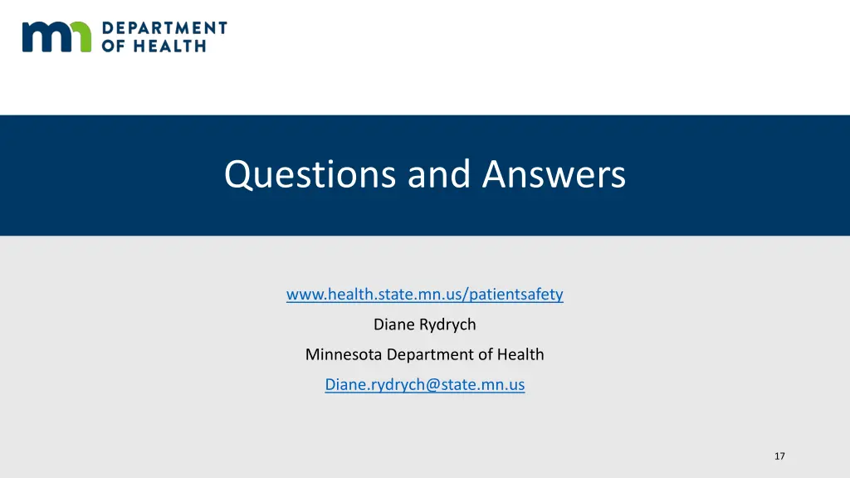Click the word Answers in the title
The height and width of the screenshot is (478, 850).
coord(554,175)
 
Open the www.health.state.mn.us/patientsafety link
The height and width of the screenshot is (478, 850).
coord(425,294)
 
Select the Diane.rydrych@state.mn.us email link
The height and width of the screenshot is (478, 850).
coord(425,384)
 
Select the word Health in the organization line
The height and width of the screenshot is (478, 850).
coord(520,354)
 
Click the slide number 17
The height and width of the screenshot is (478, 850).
coord(779,456)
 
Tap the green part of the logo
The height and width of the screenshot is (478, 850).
coord(82,37)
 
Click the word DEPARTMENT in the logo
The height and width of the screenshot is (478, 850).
coord(164,28)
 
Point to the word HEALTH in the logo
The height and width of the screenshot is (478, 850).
coord(172,46)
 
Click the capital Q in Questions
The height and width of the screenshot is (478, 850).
coord(237,175)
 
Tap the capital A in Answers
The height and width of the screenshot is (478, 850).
coord(496,175)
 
